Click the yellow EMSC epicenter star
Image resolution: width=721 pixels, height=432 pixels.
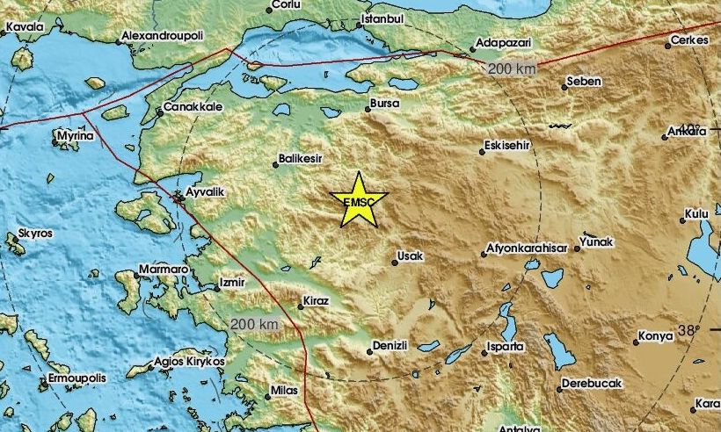pos(358,201)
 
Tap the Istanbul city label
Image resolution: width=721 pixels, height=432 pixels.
pos(382,18)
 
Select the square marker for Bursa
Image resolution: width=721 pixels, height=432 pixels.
pos(368,110)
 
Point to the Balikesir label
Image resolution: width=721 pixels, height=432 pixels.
pos(301,159)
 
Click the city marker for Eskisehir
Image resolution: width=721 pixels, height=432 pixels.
pos(482,152)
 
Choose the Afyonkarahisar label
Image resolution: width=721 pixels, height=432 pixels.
pos(527,248)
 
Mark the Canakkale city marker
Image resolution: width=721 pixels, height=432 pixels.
pos(160,112)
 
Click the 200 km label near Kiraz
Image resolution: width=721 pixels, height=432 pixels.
pos(254,324)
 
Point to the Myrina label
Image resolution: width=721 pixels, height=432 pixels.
pos(74,138)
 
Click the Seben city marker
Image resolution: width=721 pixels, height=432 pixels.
pos(564,86)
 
